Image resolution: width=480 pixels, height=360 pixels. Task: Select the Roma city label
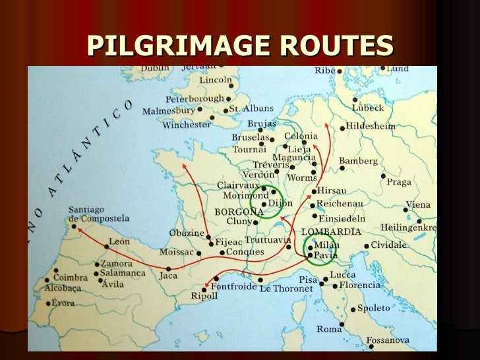point(329,328)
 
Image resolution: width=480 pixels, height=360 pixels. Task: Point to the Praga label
point(400,181)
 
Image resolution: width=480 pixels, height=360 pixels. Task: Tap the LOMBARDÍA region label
point(331,231)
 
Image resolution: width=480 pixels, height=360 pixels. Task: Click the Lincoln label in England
point(216,80)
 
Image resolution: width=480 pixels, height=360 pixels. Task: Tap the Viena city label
point(418,204)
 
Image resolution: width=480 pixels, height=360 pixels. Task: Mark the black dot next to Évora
point(49,304)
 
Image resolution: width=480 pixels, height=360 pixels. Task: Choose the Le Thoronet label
point(285,289)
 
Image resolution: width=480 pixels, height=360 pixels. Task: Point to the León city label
point(119,241)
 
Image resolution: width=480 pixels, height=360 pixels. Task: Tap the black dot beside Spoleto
point(353,309)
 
